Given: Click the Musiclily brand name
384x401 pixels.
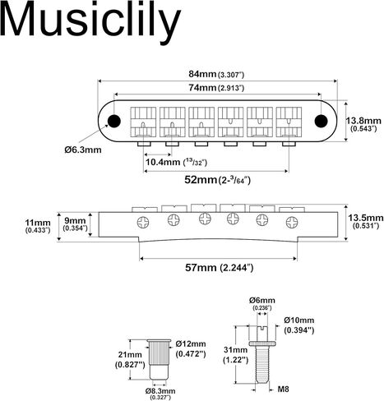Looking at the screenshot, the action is point(90,20).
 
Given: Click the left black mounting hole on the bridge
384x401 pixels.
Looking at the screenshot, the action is point(114,121).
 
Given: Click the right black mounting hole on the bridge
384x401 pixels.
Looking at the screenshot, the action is point(321,121).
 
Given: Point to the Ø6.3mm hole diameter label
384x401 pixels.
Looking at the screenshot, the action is point(83,150).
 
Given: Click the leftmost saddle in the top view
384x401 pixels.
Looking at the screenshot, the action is point(143,122).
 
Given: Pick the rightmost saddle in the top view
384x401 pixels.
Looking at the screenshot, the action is point(289,122).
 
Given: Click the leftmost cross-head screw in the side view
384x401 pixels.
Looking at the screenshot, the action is point(143,222).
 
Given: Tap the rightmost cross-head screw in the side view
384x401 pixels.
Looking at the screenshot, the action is point(292,222).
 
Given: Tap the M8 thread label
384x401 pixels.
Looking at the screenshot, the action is point(284,389).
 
